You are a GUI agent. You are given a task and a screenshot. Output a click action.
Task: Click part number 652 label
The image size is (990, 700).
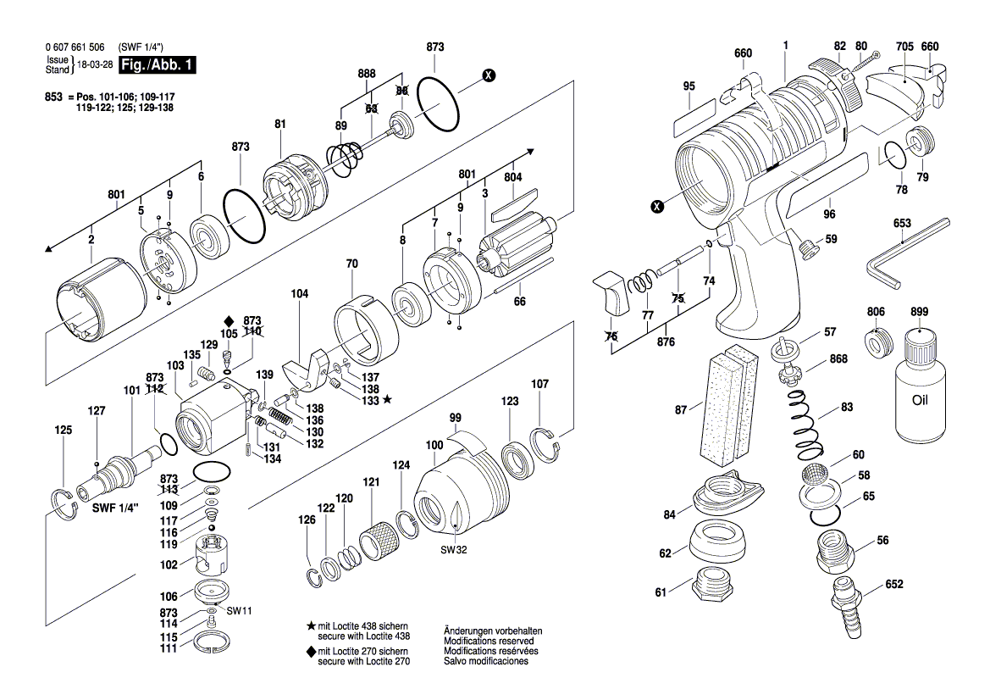click(893, 585)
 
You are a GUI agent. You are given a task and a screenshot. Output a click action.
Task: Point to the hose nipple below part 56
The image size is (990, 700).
click(845, 607)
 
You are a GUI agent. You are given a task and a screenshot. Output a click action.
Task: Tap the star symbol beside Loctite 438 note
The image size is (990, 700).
click(311, 625)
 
